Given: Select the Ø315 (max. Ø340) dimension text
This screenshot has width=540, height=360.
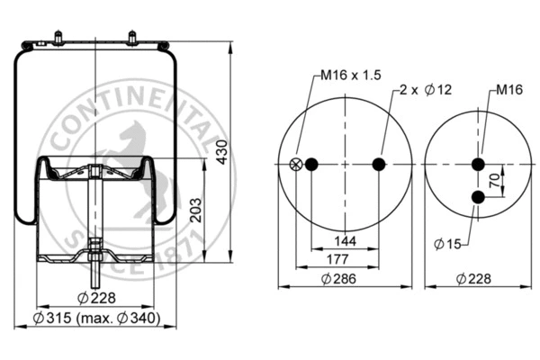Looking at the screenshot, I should coord(95,318).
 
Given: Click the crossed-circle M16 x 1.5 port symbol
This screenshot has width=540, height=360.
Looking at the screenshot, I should coord(295,164).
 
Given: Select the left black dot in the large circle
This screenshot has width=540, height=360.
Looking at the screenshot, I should coord(312,164).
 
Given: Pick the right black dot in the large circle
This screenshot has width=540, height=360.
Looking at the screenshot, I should coord(379,164).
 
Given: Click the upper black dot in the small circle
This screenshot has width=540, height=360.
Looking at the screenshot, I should coord(479,164).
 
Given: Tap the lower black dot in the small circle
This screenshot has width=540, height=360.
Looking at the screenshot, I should coord(479,195).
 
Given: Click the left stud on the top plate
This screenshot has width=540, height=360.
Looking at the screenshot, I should coord(59,39).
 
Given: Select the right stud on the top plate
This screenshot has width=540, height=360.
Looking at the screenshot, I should coord(131,39).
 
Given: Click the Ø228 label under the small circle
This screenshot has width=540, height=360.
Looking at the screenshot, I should coord(474,280).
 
